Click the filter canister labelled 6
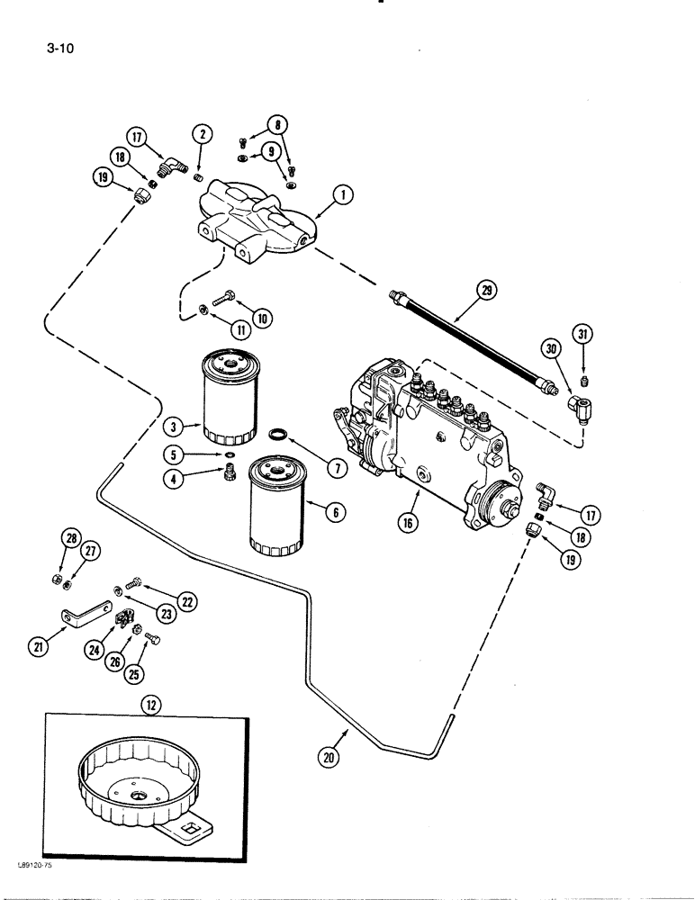(x=279, y=504)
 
